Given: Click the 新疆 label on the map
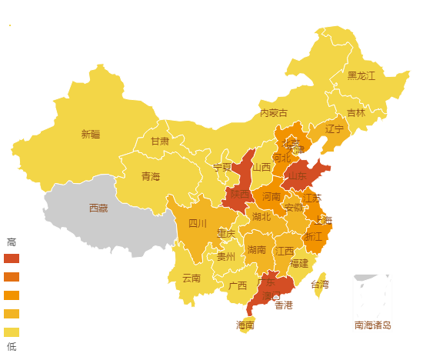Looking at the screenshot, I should click(x=91, y=134).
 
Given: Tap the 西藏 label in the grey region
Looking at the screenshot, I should click(x=98, y=208).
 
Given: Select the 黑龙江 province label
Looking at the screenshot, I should click(x=361, y=75).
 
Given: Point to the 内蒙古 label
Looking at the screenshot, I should click(x=273, y=113).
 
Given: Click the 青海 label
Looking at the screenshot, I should click(x=151, y=177).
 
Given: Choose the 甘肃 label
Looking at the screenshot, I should click(x=159, y=142).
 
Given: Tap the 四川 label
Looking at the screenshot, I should click(x=198, y=224).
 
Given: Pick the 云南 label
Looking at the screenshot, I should click(x=191, y=278).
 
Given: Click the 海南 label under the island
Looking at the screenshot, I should click(x=245, y=325).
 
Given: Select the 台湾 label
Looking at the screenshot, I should click(x=319, y=285).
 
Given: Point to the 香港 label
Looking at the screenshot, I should click(x=284, y=305).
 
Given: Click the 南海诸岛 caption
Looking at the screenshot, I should click(x=373, y=325).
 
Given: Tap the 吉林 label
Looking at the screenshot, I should click(x=356, y=112).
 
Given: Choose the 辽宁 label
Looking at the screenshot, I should click(x=335, y=128).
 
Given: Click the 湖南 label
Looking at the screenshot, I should click(x=256, y=250).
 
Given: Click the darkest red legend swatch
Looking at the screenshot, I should click(x=12, y=258).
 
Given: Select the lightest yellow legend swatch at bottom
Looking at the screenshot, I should click(x=12, y=332).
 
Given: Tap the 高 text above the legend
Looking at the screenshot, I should click(x=11, y=242).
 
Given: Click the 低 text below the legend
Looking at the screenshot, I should click(x=11, y=347).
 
